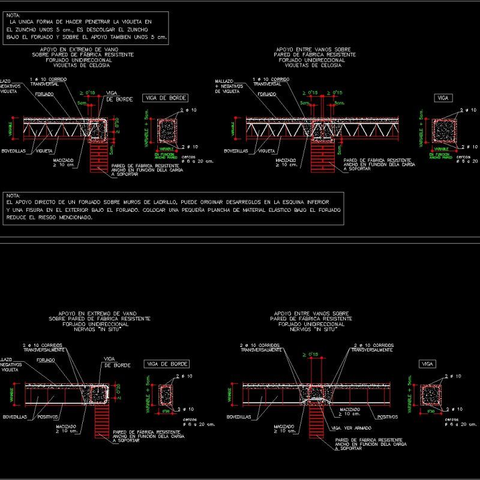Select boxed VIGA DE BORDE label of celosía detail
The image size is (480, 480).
166,98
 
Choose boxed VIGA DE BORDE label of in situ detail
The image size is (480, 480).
167,364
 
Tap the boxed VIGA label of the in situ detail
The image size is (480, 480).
427,364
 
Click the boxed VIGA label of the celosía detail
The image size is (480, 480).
443,97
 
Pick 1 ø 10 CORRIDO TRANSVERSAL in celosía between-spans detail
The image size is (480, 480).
271,82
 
